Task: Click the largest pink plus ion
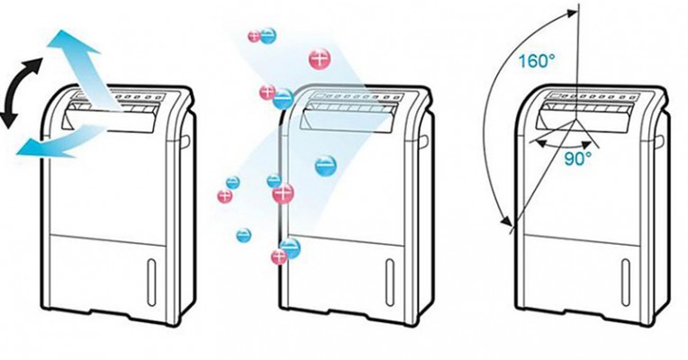click(x=321, y=59)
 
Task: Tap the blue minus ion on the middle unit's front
click(x=326, y=165)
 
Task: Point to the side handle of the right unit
click(x=665, y=140)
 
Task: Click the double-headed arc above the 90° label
click(x=566, y=139)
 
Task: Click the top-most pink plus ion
click(x=255, y=36)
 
